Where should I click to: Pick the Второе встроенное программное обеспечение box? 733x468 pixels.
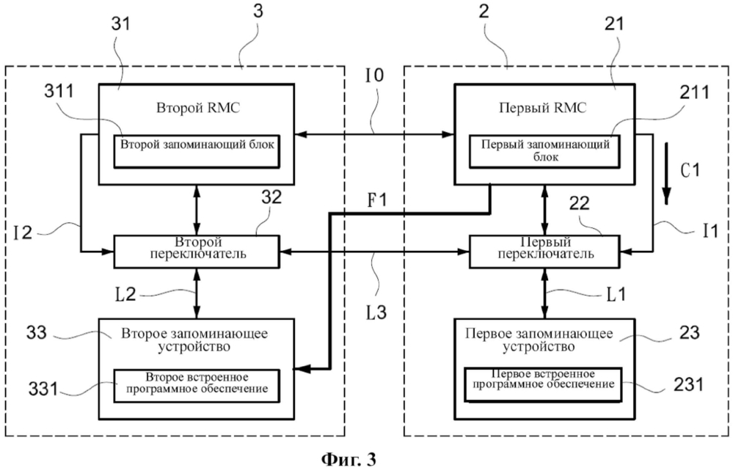tap(196, 384)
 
